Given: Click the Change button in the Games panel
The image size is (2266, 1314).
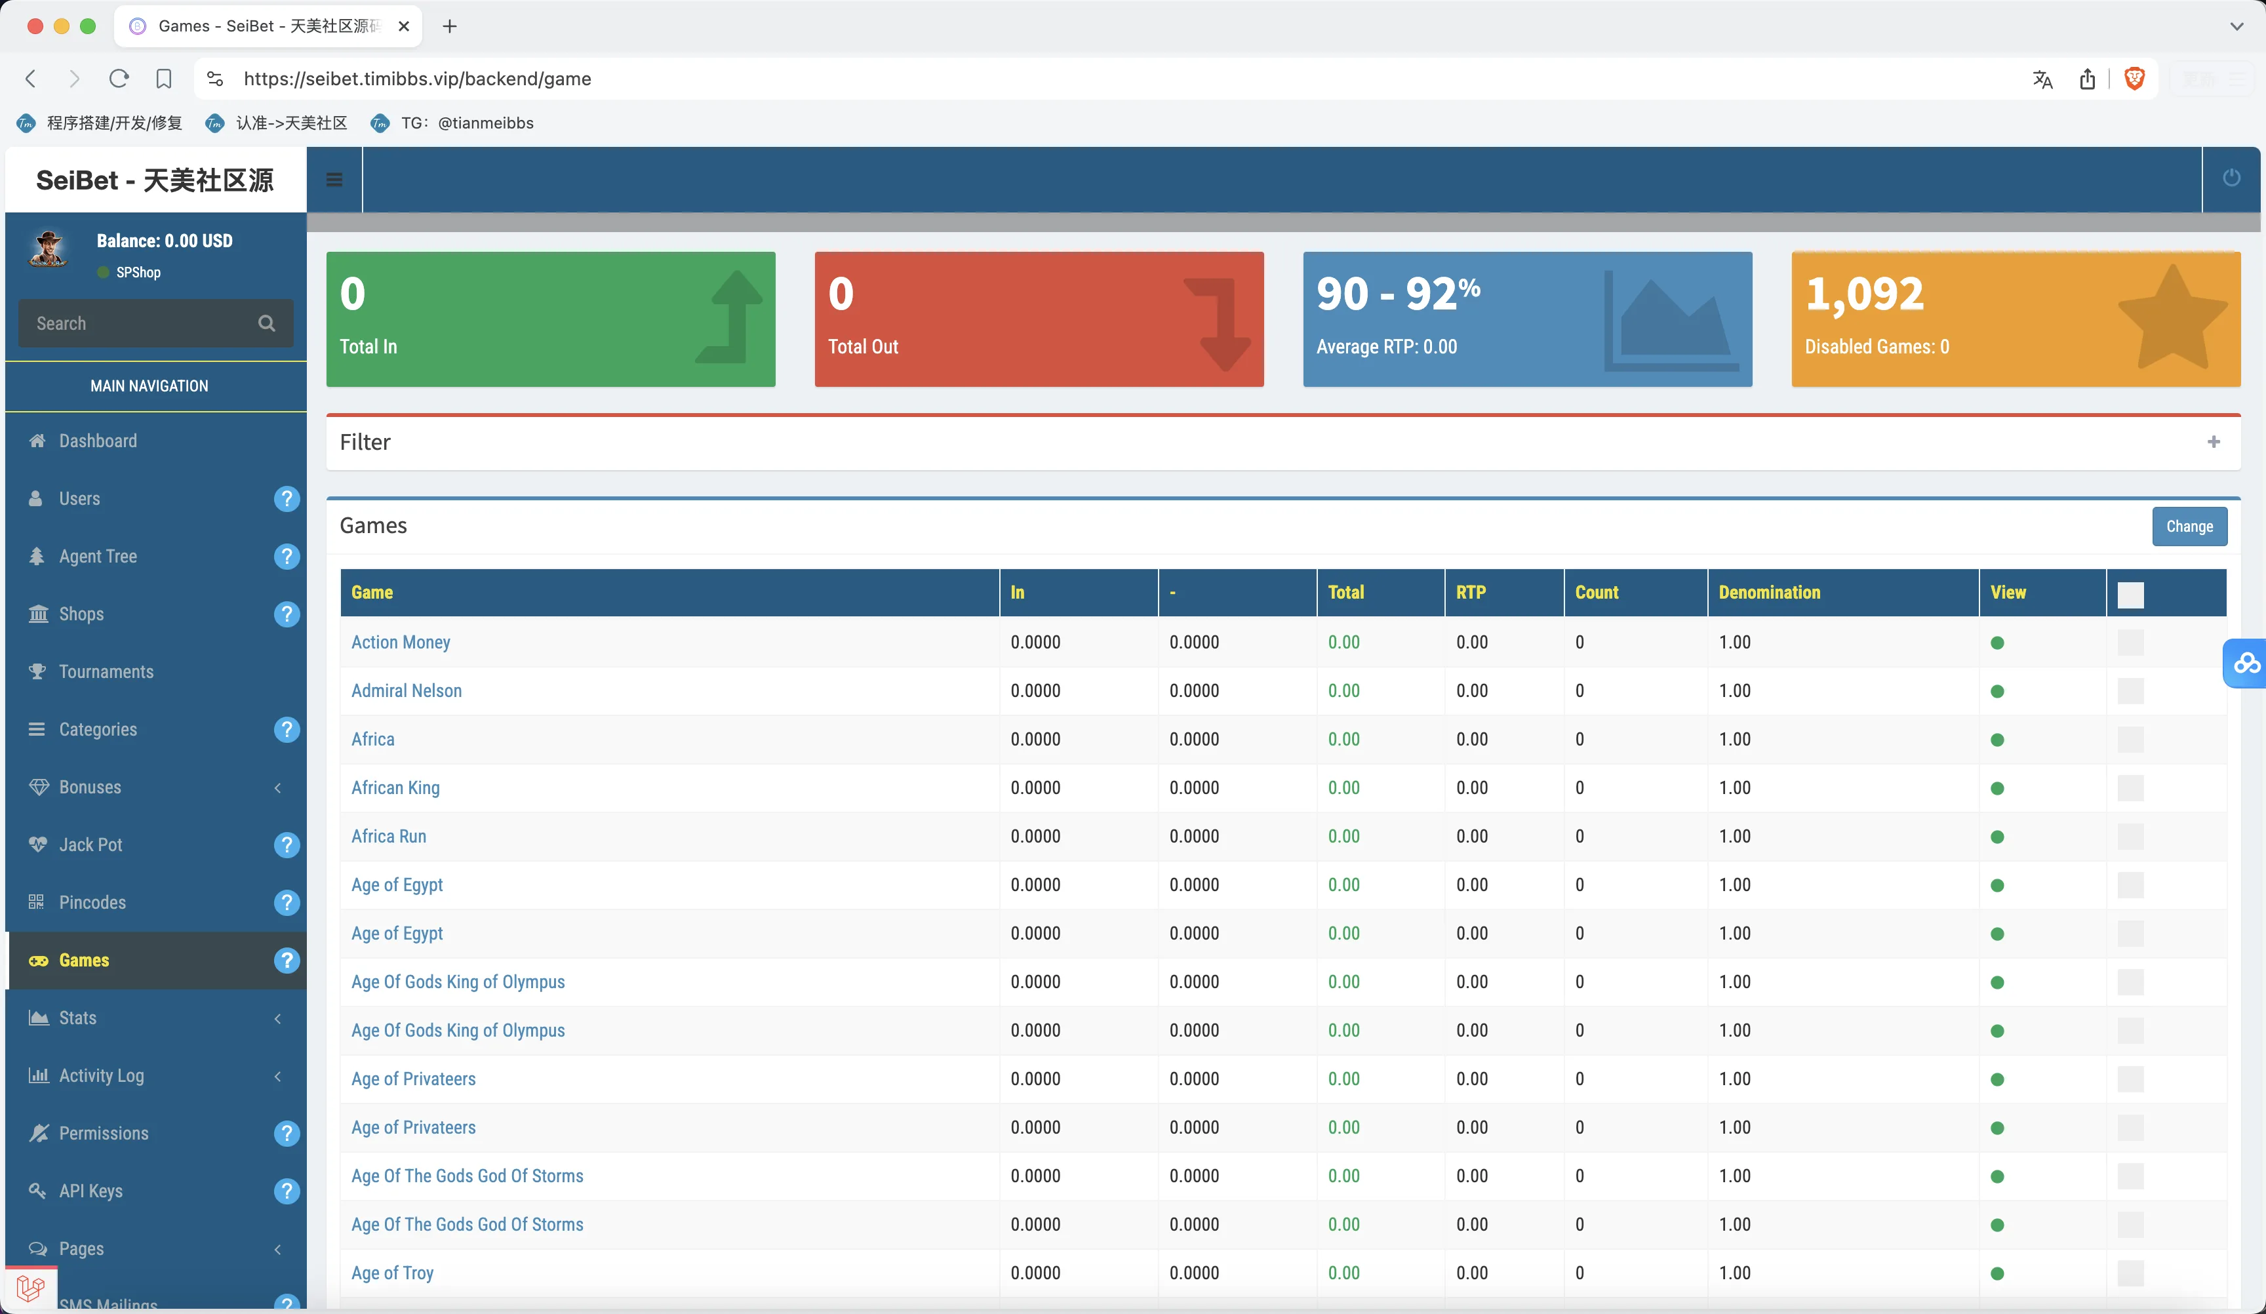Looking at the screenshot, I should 2189,526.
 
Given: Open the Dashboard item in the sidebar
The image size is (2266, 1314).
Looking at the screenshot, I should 98,441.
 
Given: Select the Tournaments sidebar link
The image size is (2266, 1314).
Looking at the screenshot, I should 106,672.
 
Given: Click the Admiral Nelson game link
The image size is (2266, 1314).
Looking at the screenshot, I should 407,690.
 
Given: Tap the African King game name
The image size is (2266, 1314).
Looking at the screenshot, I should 395,788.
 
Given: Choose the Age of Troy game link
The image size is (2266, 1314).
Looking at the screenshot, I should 392,1273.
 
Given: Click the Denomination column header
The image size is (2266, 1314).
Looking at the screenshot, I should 1769,593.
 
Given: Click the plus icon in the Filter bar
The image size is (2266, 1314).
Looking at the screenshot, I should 2213,441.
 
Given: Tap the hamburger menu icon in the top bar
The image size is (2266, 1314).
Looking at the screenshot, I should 334,180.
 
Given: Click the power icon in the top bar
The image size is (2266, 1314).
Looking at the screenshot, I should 2231,178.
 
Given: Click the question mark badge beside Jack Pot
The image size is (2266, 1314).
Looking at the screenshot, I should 286,845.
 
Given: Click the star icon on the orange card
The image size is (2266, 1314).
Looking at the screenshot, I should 2172,319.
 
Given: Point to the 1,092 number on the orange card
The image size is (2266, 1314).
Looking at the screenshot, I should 1864,294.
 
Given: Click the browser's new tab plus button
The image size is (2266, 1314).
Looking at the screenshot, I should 450,26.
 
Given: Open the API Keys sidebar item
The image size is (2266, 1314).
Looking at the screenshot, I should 91,1191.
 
